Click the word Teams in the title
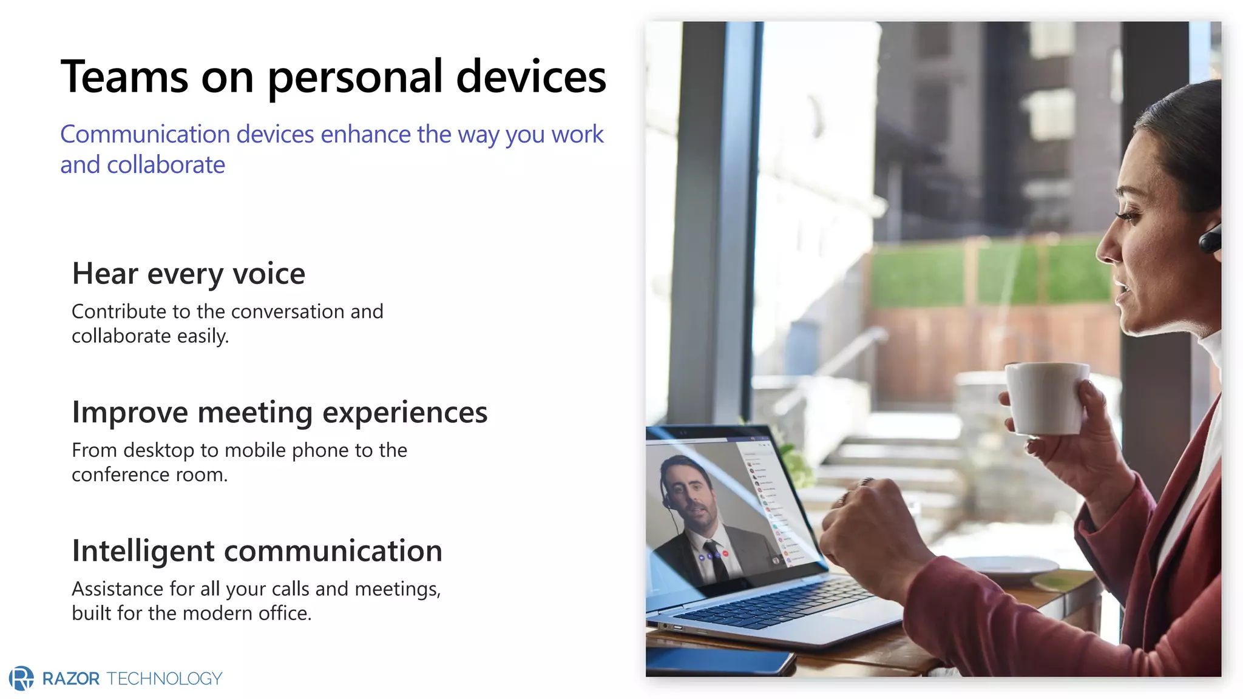click(x=124, y=77)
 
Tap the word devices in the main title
click(x=530, y=77)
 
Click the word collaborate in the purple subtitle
click(x=166, y=165)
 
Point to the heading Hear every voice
click(x=188, y=274)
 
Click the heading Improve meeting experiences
click(x=279, y=413)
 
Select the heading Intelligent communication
click(x=257, y=551)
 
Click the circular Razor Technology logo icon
click(x=22, y=678)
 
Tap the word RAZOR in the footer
click(x=71, y=678)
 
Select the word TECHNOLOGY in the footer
click(x=164, y=678)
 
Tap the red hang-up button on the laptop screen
click(x=725, y=554)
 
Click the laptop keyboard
click(x=783, y=601)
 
